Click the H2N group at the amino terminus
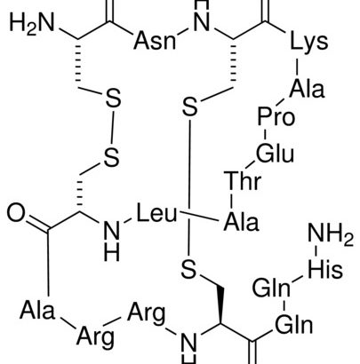tap(32, 24)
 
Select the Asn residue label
tap(155, 41)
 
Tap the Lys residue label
tap(309, 42)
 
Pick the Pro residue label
tap(276, 116)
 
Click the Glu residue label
tap(275, 153)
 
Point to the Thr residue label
tap(243, 180)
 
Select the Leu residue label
tap(156, 213)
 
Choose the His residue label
tap(325, 269)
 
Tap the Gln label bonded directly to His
tap(271, 288)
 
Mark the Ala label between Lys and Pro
tap(307, 89)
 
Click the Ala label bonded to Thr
tap(241, 222)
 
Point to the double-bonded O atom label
tap(16, 213)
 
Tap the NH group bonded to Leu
tap(112, 241)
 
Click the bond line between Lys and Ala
tap(297, 67)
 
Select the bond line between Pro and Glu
tap(265, 136)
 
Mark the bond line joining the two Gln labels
tap(284, 306)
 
